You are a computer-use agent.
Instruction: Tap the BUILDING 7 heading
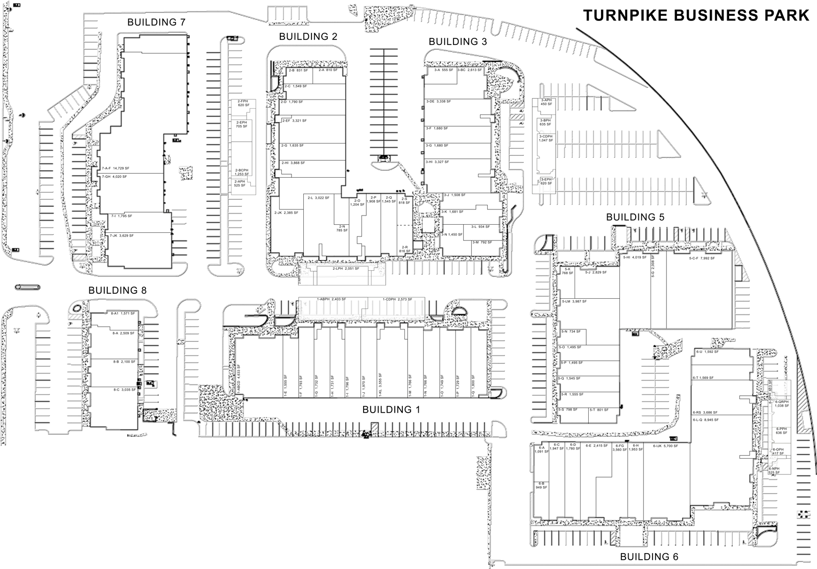pos(156,22)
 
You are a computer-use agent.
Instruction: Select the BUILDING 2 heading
pos(308,36)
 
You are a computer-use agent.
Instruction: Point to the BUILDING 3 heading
pos(458,41)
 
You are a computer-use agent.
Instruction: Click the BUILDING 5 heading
pos(635,217)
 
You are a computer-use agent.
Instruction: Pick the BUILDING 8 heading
pos(117,290)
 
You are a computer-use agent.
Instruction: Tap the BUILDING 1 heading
pos(391,409)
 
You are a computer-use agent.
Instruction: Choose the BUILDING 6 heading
pos(649,557)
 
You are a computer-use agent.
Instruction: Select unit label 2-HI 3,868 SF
pos(293,163)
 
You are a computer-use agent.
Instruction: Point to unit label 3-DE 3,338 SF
pos(438,102)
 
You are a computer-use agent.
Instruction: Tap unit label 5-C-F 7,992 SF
pos(702,258)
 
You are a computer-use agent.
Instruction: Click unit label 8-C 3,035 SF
pos(124,389)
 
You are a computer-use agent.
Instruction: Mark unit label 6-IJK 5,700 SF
pos(665,446)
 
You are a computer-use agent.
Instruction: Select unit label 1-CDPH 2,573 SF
pos(397,299)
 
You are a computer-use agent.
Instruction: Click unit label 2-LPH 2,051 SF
pos(346,269)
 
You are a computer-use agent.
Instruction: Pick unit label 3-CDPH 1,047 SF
pos(546,138)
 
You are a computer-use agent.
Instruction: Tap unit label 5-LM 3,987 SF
pos(574,301)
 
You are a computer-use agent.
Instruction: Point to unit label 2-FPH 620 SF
pos(243,103)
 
